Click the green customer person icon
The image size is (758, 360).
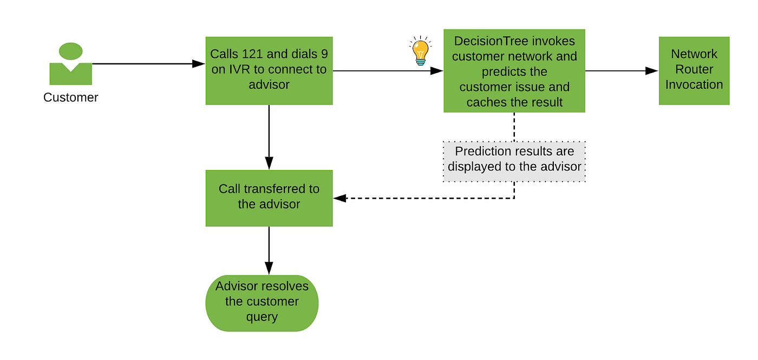70,65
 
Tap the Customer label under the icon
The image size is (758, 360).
70,98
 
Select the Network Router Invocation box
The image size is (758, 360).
694,70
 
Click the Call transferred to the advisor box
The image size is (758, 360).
269,198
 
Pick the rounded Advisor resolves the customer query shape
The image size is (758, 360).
262,302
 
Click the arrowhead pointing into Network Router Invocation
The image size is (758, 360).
652,71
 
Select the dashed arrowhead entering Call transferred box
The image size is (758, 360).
339,198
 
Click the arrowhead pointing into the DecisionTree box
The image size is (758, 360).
437,71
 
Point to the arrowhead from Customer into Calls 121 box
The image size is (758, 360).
199,64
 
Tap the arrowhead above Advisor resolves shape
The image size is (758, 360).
269,267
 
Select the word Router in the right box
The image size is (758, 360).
694,69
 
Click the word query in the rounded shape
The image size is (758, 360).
262,317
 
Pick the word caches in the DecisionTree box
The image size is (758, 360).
485,102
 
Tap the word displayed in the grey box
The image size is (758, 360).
474,167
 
